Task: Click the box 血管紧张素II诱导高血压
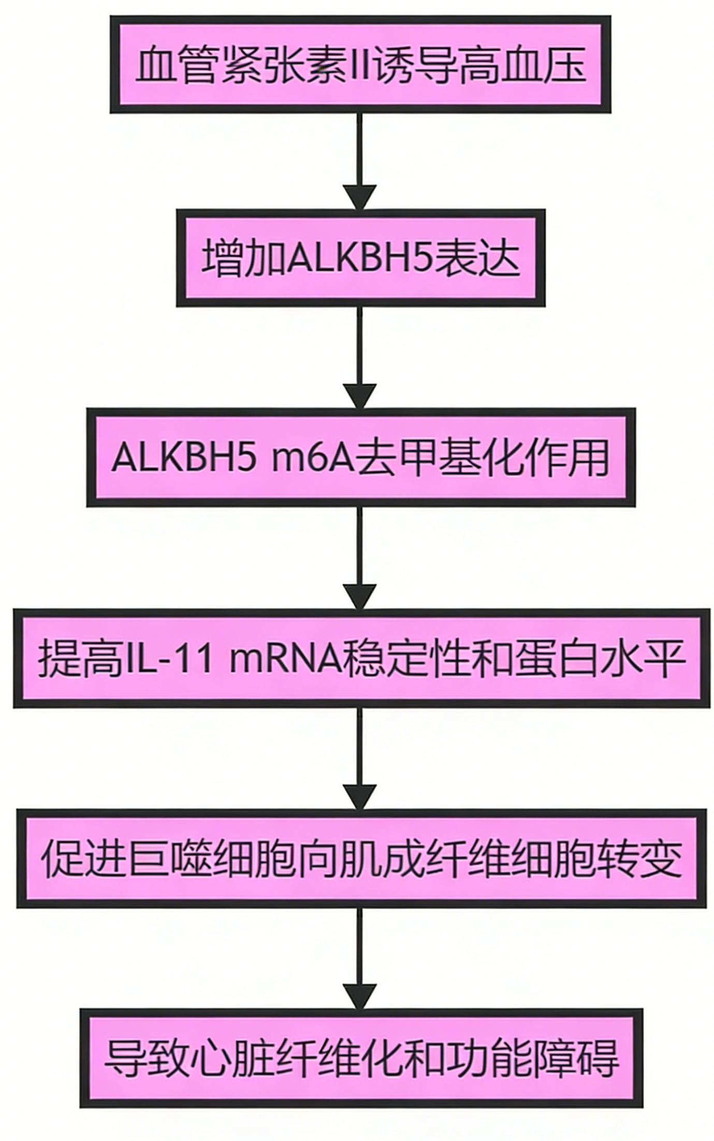coord(360,65)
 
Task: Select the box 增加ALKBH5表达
coord(360,257)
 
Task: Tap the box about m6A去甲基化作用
coord(360,457)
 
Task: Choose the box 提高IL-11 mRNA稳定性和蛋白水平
coord(360,658)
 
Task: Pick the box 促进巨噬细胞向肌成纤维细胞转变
coord(360,858)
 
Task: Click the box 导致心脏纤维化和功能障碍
coord(360,1058)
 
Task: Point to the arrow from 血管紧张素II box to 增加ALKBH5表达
coord(360,161)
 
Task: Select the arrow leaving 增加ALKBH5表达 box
coord(360,357)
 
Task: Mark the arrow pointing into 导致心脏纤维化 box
coord(360,958)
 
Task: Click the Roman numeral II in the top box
coord(359,66)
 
